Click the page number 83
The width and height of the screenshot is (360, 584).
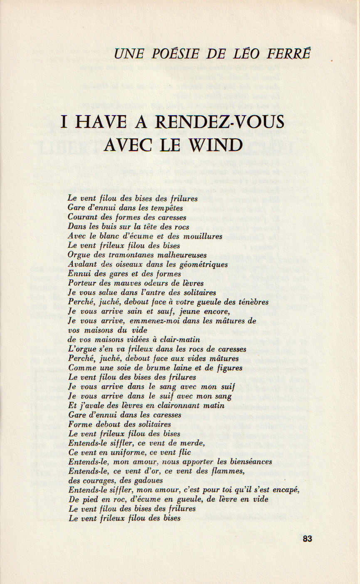(307, 539)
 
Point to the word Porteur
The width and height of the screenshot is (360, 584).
(81, 283)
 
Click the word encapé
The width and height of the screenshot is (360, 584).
(286, 490)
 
